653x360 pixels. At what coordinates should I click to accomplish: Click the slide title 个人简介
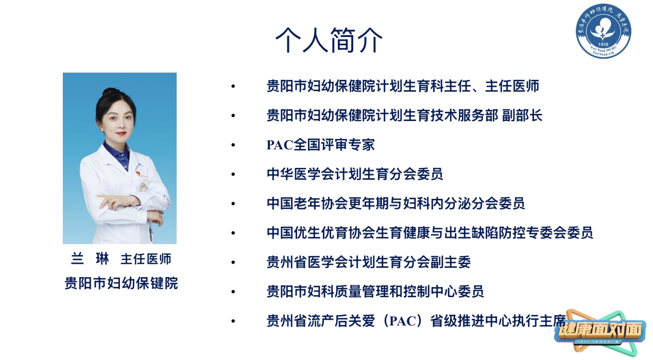click(x=329, y=40)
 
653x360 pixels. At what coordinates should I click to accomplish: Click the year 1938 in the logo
click(x=603, y=44)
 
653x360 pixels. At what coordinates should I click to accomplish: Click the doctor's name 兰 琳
click(x=90, y=259)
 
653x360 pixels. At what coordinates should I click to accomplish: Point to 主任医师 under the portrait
click(x=146, y=259)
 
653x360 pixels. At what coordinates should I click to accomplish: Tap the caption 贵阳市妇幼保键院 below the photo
click(x=121, y=283)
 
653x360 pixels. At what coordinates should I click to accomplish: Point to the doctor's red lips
click(x=121, y=133)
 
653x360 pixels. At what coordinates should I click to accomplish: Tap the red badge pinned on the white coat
click(x=139, y=174)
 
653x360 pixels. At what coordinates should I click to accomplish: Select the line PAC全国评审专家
click(x=320, y=145)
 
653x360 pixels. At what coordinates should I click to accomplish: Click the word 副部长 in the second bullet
click(x=522, y=115)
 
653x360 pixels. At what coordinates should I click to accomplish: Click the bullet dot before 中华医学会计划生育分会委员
click(x=233, y=174)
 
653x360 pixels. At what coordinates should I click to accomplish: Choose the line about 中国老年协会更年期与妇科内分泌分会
click(x=396, y=203)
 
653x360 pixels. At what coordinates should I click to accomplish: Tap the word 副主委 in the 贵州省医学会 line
click(x=451, y=262)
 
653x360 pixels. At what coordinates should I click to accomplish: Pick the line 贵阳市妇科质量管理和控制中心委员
click(x=375, y=292)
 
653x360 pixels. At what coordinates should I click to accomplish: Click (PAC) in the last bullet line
click(x=402, y=321)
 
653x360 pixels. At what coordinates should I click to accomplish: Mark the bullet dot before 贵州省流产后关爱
click(x=233, y=321)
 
